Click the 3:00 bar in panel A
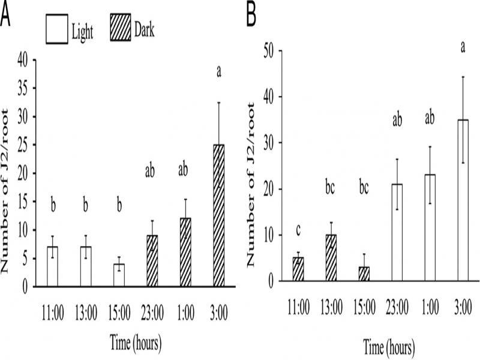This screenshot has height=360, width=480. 218,215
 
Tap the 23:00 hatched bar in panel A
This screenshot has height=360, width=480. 152,260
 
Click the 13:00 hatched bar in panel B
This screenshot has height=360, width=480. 331,257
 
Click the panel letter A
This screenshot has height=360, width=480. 5,16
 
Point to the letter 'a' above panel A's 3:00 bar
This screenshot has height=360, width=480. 219,73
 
